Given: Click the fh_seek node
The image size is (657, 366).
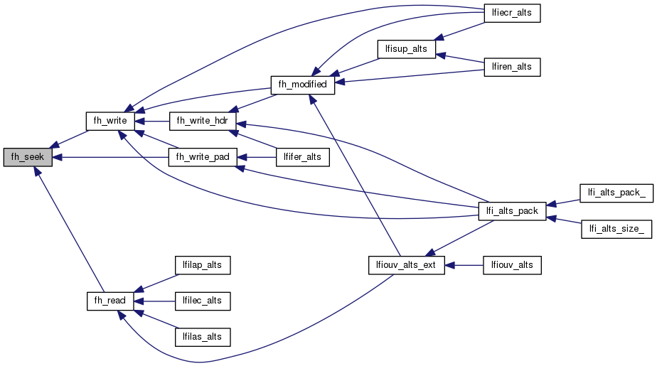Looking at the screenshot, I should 28,158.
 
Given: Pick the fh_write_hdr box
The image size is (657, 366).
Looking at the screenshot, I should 202,121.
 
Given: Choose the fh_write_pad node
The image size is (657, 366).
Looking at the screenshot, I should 202,158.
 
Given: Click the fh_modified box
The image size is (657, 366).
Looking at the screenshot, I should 302,85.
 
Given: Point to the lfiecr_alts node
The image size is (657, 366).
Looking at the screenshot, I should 511,13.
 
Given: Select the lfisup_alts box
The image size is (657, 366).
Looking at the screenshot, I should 406,49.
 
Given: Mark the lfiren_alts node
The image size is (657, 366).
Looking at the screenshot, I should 511,67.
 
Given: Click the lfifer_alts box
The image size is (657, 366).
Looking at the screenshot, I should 302,158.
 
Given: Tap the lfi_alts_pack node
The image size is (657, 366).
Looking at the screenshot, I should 511,211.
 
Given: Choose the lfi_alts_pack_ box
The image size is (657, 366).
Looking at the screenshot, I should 616,193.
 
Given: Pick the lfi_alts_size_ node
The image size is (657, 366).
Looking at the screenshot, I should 616,229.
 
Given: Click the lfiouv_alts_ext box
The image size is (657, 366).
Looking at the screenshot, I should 406,265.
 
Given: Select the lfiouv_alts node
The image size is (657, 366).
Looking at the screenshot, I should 511,265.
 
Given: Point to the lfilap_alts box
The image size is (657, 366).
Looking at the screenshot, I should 202,265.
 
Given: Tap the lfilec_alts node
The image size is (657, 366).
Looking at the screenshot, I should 202,301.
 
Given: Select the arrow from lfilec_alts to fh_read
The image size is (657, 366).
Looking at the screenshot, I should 152,301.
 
